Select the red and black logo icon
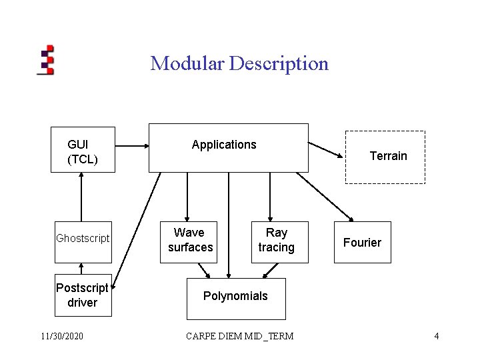pos(46,59)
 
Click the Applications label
pos(223,145)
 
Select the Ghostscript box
pos(83,238)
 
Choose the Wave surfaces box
pos(190,241)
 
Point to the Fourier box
pos(362,243)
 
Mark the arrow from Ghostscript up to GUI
pos(81,197)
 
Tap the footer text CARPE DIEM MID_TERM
pos(240,336)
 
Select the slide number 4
pos(436,336)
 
